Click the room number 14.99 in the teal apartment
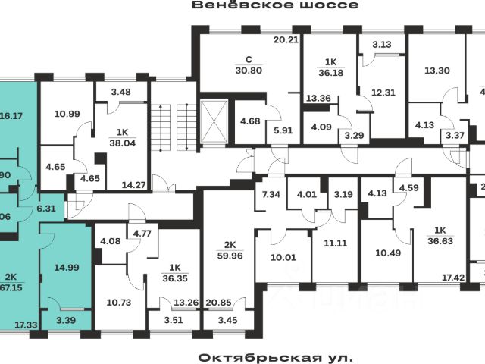pos(66,266)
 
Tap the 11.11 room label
pos(334,243)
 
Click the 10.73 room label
pos(119,303)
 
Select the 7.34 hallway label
pos(271,196)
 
